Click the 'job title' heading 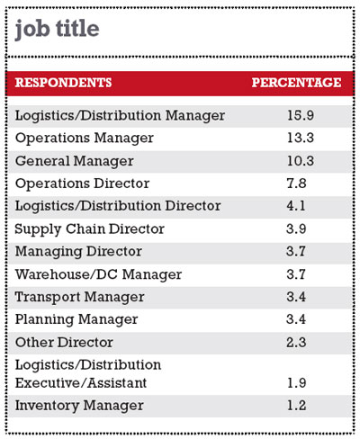tap(57, 30)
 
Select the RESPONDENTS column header tap(63, 83)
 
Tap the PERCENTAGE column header tap(296, 83)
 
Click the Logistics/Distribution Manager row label tap(120, 116)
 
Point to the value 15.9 tap(301, 115)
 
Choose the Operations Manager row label tap(85, 139)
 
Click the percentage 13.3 tap(301, 138)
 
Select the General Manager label tap(75, 161)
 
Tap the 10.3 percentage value tap(301, 161)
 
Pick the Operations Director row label tap(82, 184)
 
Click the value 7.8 tap(296, 184)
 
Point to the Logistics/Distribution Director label tap(118, 206)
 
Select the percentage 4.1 tap(296, 206)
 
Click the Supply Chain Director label tap(89, 229)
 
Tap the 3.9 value tap(296, 229)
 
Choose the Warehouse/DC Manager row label tap(98, 274)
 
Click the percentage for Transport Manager tap(296, 297)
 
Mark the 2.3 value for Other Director tap(296, 343)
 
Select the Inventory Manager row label tap(79, 406)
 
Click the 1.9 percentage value tap(297, 383)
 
